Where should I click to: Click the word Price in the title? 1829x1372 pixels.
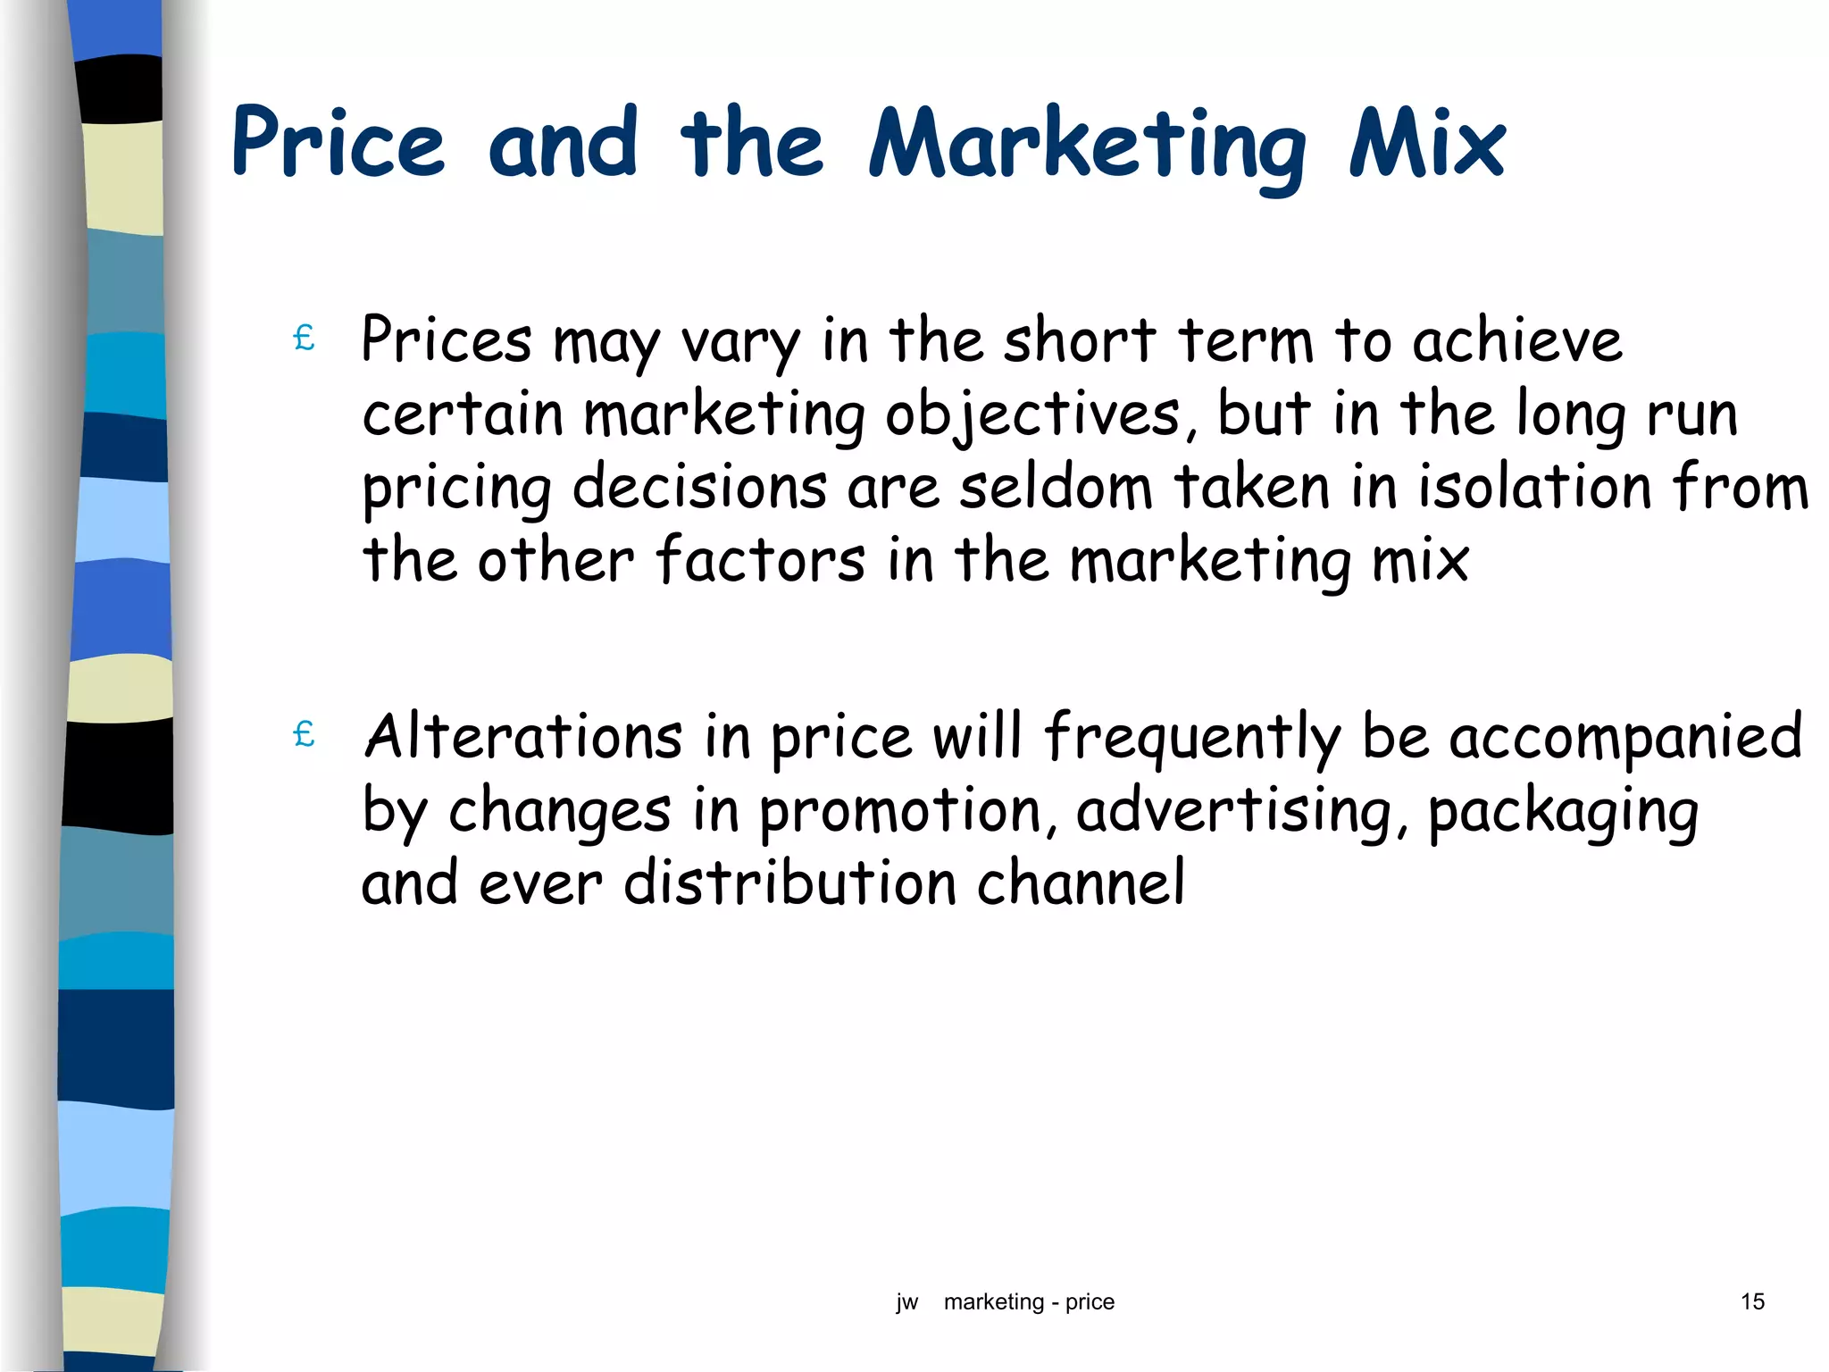[338, 143]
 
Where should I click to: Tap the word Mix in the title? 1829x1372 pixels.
[1426, 143]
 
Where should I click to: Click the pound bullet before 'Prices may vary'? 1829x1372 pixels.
[304, 339]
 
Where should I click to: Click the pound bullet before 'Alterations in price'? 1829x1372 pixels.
[304, 734]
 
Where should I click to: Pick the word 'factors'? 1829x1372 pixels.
[760, 560]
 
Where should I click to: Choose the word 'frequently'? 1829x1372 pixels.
[1192, 738]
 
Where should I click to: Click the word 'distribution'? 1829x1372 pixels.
[790, 883]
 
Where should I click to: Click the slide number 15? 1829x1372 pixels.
[1752, 1301]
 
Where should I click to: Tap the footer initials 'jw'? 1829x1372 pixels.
[906, 1302]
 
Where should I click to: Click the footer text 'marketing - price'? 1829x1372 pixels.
[1029, 1302]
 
